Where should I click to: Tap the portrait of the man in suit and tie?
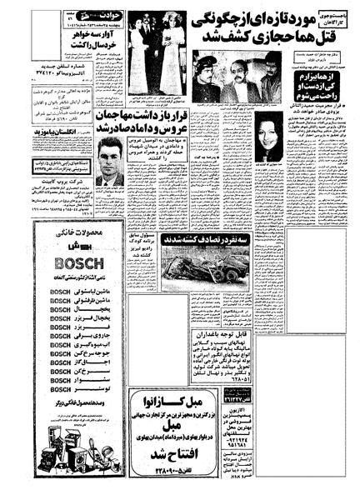109,162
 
